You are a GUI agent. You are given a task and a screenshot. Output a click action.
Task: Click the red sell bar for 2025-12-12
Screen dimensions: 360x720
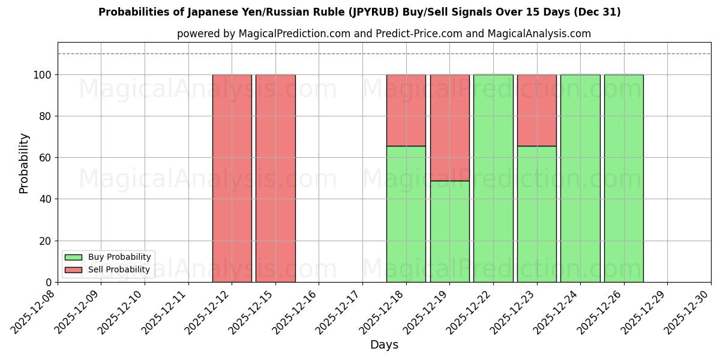(x=232, y=178)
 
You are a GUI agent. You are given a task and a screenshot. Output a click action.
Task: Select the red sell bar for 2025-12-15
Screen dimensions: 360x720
(x=275, y=178)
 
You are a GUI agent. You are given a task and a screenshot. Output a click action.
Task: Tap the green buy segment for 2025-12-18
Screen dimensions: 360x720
(x=406, y=214)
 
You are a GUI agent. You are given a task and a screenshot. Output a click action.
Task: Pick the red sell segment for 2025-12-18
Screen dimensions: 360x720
(x=406, y=110)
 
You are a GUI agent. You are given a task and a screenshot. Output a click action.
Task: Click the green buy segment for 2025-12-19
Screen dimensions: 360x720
(x=450, y=231)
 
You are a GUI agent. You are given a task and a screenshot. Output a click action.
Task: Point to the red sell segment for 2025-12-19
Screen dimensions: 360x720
(x=450, y=128)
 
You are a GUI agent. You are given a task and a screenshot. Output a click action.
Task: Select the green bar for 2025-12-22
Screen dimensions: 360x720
(x=493, y=178)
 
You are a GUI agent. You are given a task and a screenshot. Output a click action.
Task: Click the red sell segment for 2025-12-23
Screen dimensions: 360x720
(x=537, y=110)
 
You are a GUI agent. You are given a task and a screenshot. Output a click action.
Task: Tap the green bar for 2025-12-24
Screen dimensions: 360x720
(x=580, y=178)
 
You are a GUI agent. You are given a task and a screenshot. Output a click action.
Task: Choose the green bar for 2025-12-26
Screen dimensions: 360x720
(x=624, y=178)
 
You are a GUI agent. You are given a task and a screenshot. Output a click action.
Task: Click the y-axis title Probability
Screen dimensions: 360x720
(x=24, y=163)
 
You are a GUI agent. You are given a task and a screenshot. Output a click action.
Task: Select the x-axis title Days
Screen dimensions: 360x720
(x=384, y=345)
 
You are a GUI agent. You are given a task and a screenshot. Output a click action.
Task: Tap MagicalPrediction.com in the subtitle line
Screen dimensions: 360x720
(x=295, y=34)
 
